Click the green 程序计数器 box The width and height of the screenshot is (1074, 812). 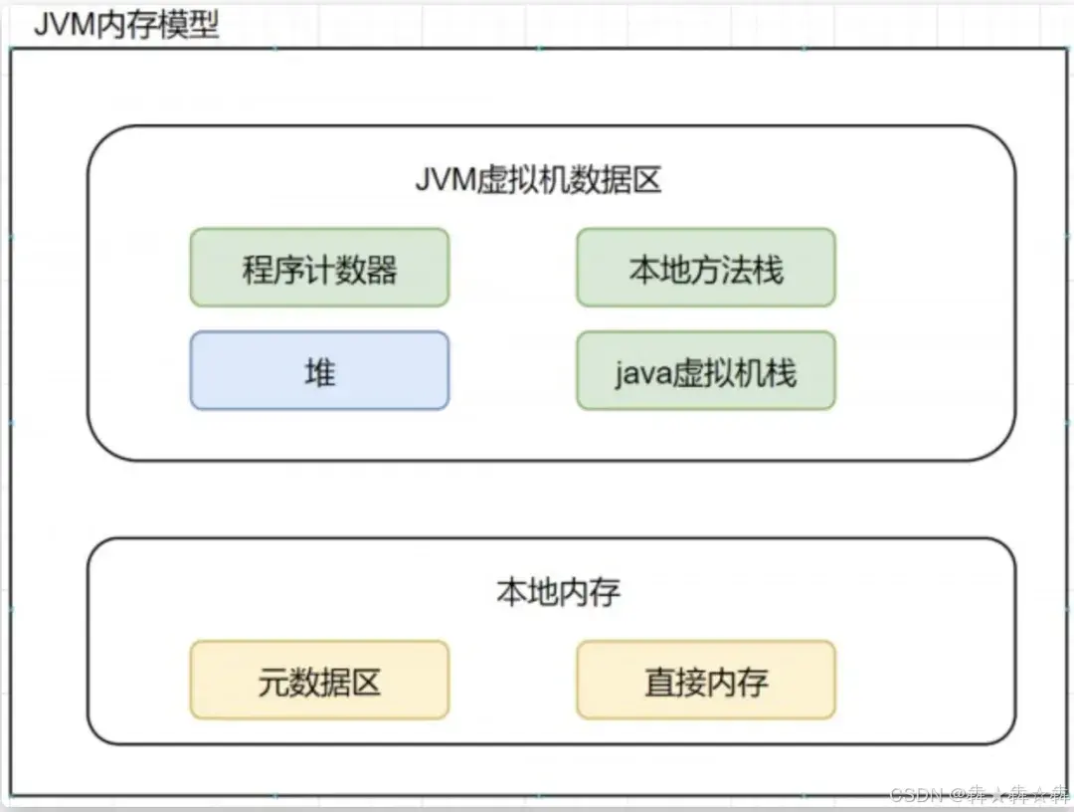click(319, 268)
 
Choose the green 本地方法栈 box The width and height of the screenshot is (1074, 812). click(706, 268)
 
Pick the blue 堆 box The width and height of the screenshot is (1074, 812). click(319, 371)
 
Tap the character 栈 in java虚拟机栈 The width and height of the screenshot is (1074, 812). click(783, 372)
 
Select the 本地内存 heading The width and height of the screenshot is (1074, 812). click(558, 592)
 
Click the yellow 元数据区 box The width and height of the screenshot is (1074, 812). click(319, 682)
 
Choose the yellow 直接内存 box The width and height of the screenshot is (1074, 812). click(706, 682)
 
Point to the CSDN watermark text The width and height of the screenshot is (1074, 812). click(915, 794)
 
